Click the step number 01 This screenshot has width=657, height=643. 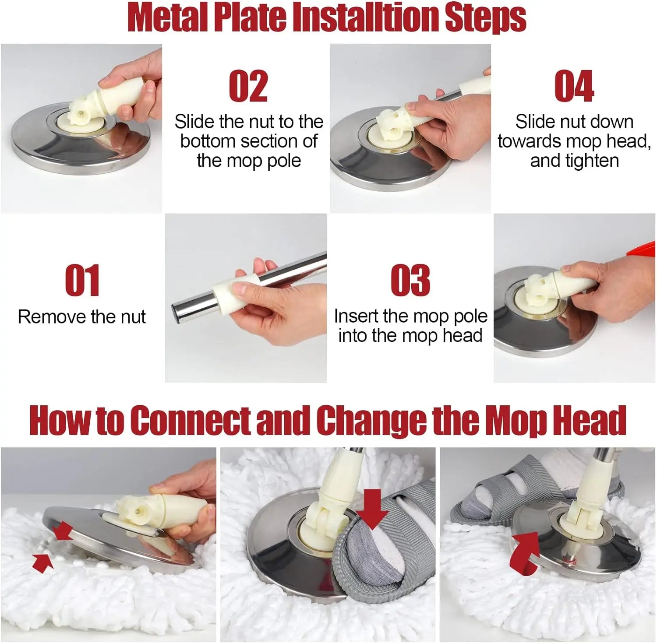pyautogui.click(x=82, y=280)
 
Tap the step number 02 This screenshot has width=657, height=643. pyautogui.click(x=248, y=86)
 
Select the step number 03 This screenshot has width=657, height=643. pyautogui.click(x=410, y=280)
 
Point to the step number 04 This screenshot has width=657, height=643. pyautogui.click(x=574, y=86)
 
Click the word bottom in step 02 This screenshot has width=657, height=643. pyautogui.click(x=208, y=141)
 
